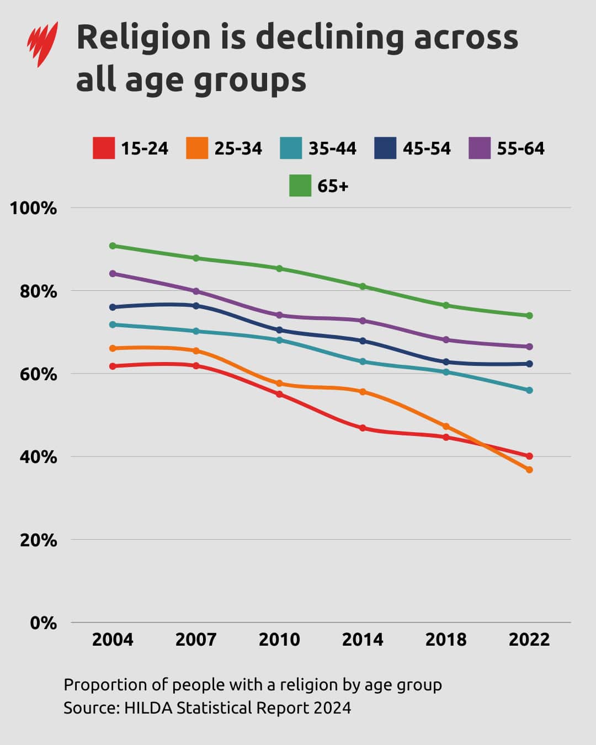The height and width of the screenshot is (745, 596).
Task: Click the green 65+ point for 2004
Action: tap(113, 246)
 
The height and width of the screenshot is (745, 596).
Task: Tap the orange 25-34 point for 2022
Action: tap(529, 470)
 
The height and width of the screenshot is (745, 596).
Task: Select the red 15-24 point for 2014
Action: tap(363, 428)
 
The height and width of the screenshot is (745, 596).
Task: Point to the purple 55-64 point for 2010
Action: tap(279, 315)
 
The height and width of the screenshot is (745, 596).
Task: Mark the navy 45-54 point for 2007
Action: tap(196, 305)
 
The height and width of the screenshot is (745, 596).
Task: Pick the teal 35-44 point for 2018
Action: tap(446, 372)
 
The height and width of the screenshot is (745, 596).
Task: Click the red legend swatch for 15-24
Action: tap(104, 148)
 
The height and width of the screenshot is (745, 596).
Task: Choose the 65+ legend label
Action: tap(333, 186)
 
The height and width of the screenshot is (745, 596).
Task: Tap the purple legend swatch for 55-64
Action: tap(480, 148)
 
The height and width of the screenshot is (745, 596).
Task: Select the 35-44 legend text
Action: tap(332, 148)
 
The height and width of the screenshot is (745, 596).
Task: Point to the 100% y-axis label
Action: tap(33, 209)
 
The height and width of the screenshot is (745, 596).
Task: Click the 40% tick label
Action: tap(38, 457)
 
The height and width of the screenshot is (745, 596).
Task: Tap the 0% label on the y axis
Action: tap(43, 623)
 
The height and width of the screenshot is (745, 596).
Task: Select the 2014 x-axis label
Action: tap(363, 640)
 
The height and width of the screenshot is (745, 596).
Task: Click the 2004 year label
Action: tap(113, 640)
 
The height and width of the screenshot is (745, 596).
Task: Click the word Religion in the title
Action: tap(143, 38)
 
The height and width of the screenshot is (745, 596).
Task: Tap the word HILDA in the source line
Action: tap(148, 707)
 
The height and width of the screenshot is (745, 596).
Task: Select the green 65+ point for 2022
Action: tap(529, 316)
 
